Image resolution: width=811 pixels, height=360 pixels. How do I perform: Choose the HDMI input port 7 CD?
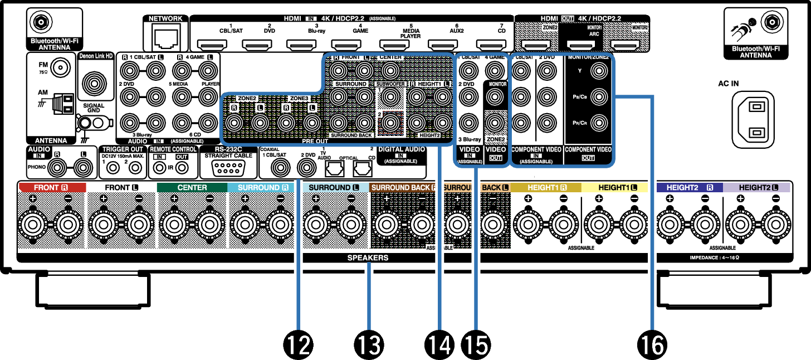point(490,45)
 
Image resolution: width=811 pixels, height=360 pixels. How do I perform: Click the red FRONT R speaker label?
point(52,188)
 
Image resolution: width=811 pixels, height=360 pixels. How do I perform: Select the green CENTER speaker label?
point(192,188)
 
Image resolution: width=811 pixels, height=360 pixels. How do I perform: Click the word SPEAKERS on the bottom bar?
point(368,258)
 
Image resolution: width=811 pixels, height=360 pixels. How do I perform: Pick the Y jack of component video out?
point(598,71)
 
